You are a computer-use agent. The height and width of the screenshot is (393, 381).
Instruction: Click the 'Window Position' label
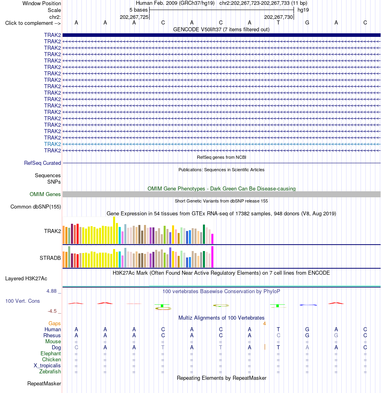42,3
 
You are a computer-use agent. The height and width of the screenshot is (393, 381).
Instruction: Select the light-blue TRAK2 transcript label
53,144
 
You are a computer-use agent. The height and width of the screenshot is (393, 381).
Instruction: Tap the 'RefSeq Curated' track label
43,163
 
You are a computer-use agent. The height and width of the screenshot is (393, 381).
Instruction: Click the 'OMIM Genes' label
45,194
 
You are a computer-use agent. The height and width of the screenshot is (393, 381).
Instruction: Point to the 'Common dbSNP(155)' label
36,207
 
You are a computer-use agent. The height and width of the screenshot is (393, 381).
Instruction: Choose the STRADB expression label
50,258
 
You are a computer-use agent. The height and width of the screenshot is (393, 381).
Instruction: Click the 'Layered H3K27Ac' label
26,278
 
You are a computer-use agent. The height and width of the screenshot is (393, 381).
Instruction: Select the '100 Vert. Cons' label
22,301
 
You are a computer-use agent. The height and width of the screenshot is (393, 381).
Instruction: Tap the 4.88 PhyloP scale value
52,291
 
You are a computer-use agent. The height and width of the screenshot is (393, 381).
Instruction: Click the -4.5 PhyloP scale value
52,311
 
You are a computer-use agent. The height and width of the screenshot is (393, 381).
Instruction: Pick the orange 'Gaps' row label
55,323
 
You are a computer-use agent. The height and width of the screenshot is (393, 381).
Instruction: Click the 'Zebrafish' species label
50,371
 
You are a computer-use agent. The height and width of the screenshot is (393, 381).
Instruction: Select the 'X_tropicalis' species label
47,365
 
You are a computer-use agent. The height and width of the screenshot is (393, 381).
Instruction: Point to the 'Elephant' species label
51,353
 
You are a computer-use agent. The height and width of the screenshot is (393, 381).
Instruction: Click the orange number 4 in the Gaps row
264,324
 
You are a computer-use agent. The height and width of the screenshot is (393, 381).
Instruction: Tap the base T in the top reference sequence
278,23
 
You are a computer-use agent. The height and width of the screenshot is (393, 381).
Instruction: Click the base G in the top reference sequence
307,23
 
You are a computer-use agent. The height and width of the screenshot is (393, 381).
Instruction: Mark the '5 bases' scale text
139,10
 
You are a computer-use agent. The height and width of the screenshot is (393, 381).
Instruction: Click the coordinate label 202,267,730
278,17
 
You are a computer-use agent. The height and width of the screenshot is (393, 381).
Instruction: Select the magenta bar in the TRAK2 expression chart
212,239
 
